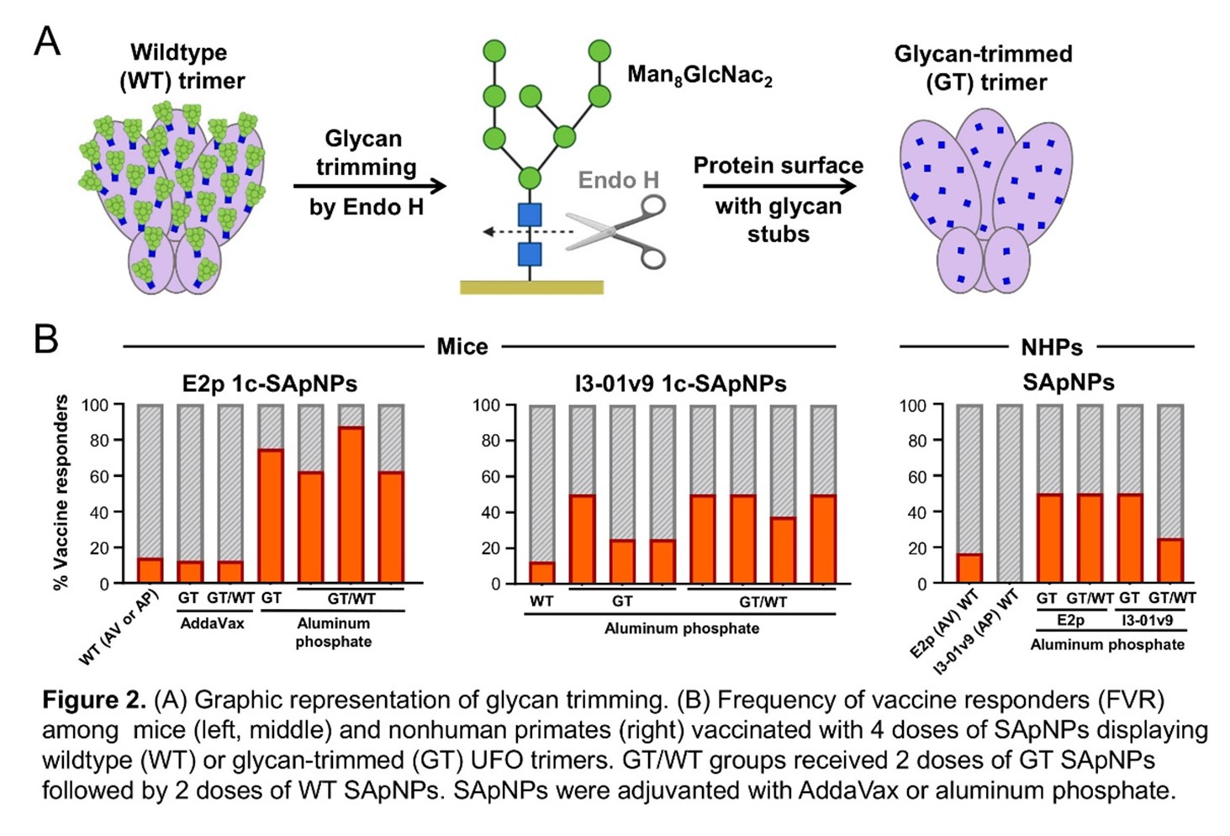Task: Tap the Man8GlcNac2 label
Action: pos(699,76)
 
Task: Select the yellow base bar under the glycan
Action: pos(531,288)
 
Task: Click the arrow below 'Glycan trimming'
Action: pos(369,186)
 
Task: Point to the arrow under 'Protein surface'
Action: pos(779,186)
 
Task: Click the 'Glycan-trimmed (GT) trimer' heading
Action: pos(983,68)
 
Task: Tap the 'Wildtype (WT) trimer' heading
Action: pos(180,66)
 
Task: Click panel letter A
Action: pos(47,40)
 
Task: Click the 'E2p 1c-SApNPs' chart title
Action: pos(269,384)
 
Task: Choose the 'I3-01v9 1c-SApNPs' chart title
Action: pos(680,384)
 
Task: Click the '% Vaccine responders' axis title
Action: pos(61,493)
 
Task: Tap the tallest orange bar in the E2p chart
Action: pos(351,505)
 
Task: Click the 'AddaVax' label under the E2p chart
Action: pos(212,623)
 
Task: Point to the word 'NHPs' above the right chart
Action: pos(1051,347)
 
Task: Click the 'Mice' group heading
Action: pos(462,347)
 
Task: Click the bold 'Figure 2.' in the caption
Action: pos(94,701)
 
